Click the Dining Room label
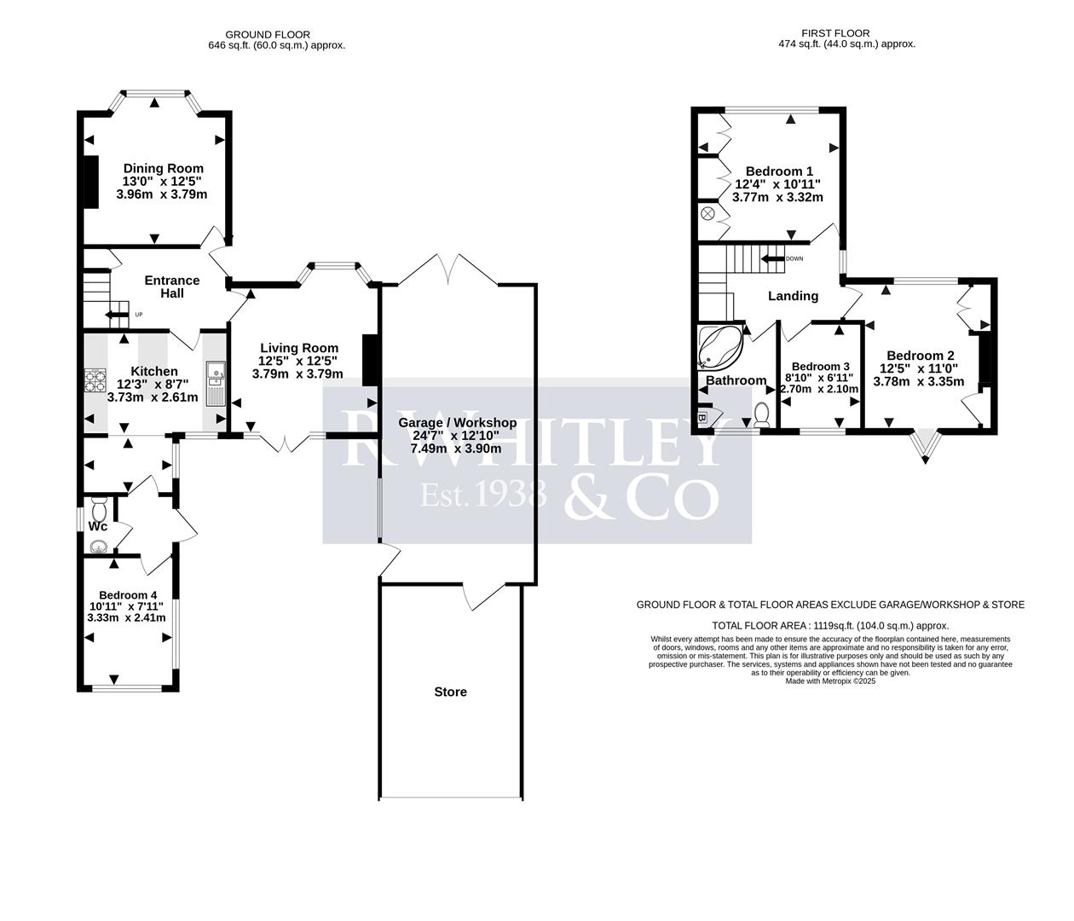point(163,168)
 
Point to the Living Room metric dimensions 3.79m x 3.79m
point(297,374)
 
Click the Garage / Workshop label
point(459,422)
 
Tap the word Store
point(450,692)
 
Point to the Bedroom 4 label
point(127,594)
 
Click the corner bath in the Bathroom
point(719,345)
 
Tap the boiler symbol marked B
point(704,418)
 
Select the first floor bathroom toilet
point(762,415)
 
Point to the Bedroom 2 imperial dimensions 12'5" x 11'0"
point(921,368)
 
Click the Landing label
point(793,296)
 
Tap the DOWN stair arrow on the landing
point(774,258)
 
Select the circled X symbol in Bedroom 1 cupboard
point(707,213)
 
